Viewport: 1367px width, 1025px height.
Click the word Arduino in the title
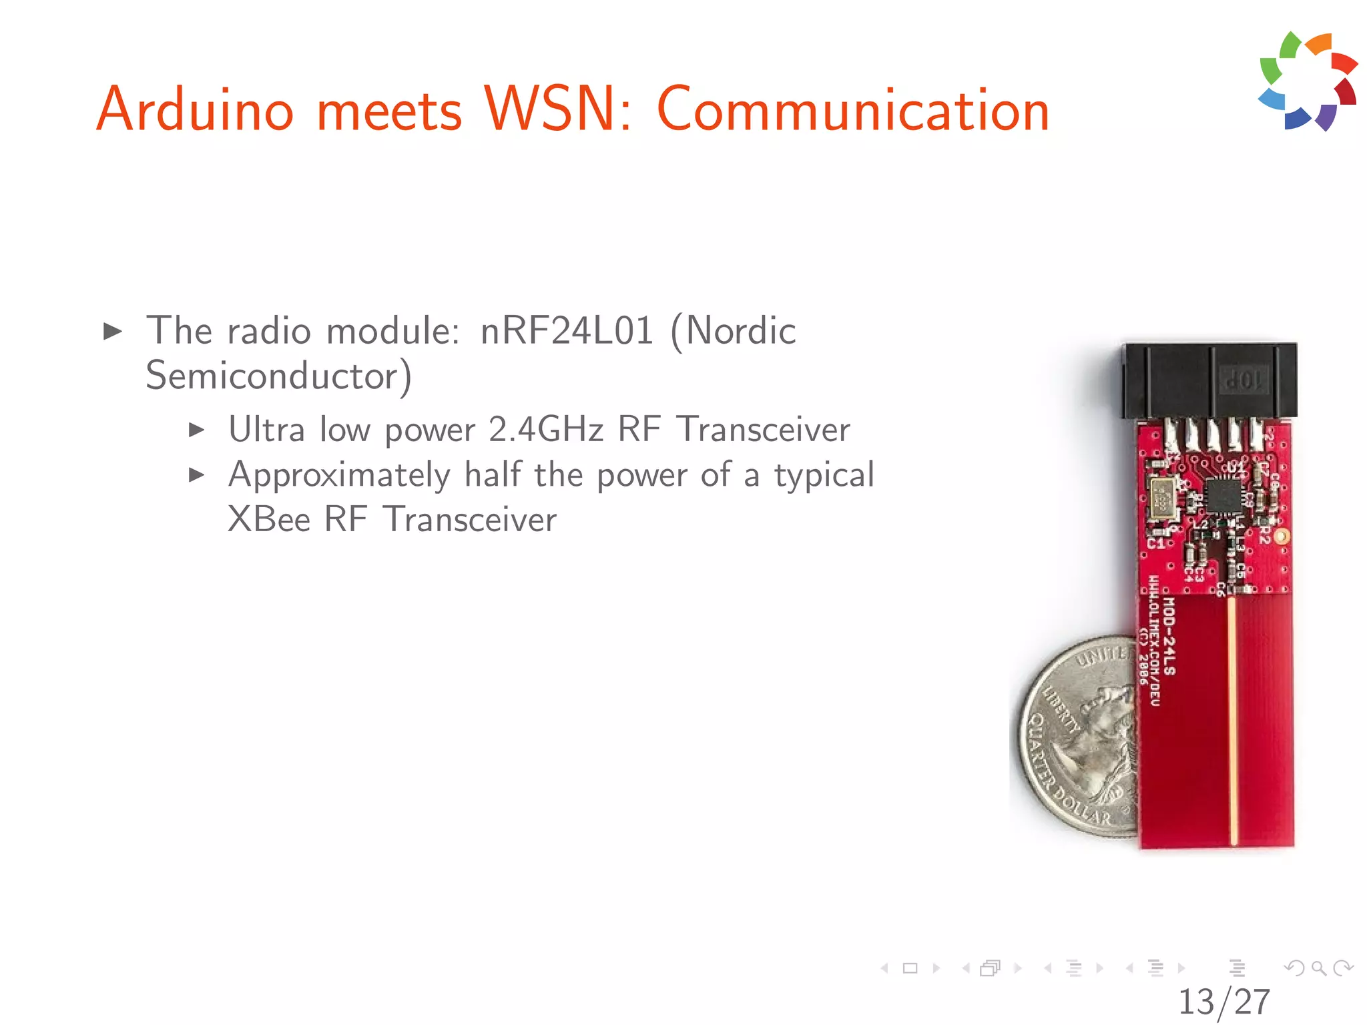click(x=195, y=110)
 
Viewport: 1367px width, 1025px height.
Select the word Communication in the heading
click(x=853, y=110)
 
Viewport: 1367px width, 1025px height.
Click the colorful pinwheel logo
click(x=1308, y=81)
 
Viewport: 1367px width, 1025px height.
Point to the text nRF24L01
click(x=567, y=331)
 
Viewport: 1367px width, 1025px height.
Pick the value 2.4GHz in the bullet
click(x=546, y=430)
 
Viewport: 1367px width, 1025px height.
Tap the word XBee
click(x=269, y=520)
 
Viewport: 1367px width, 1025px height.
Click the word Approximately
click(x=339, y=476)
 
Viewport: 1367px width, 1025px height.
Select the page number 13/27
click(x=1223, y=1002)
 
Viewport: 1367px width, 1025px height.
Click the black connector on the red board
click(x=1209, y=381)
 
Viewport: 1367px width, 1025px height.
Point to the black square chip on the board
click(x=1223, y=495)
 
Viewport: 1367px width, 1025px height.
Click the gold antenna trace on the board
click(x=1232, y=721)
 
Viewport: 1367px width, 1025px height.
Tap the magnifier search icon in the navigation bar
click(x=1318, y=968)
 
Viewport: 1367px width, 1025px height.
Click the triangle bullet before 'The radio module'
click(x=113, y=331)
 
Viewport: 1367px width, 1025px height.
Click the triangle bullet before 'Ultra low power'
click(x=196, y=430)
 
